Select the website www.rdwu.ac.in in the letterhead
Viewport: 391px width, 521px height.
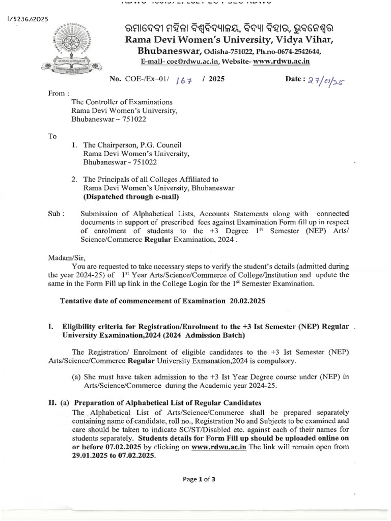[x=282, y=61]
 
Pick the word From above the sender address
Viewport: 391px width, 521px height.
[x=58, y=94]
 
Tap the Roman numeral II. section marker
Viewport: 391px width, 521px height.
[x=52, y=403]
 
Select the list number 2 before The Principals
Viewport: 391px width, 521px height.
[x=74, y=179]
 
